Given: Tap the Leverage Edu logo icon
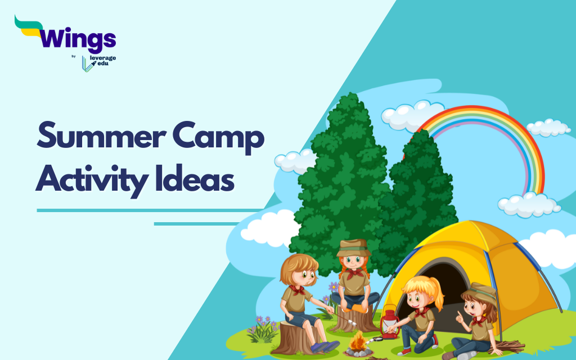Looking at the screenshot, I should pos(88,63).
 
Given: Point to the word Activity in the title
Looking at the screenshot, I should pos(99,179).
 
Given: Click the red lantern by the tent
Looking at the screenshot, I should pos(388,322).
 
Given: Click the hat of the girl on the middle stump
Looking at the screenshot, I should pos(353,247).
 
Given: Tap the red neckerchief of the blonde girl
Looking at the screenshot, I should pos(420,312).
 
